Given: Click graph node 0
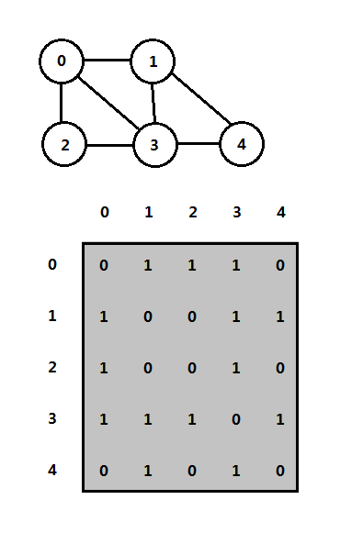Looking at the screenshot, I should point(62,61).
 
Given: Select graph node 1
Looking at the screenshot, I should point(153,61).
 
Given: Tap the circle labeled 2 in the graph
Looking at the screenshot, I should point(64,144).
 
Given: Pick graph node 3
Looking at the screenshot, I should point(156,144).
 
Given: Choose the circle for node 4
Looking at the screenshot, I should point(242,144).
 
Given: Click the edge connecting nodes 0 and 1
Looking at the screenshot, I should point(108,61).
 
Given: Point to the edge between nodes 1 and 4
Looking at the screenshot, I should point(199,104).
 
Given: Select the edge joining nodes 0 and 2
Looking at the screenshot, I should point(62,103).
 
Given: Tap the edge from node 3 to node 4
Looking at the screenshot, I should point(199,144).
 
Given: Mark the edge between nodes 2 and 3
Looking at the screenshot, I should point(110,144).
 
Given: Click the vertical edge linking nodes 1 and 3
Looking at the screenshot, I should point(154,103).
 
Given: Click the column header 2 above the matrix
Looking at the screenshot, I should point(193,213).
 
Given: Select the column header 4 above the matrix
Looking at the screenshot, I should point(281,213).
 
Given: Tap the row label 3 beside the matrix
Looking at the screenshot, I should point(52,420).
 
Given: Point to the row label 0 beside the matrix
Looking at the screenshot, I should point(52,265).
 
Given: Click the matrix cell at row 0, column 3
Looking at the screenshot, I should point(237,266).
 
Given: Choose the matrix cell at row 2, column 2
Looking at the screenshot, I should point(193,369).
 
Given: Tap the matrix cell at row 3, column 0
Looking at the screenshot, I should point(105,420).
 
